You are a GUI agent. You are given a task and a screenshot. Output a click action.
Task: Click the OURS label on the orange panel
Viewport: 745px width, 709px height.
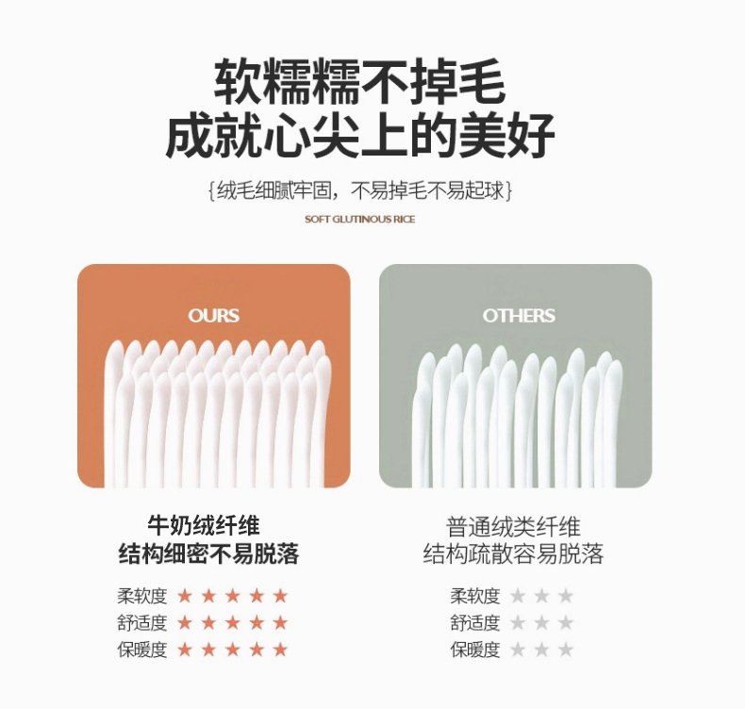coord(213,316)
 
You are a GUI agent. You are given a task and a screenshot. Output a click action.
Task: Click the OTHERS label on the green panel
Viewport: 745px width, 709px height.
coord(519,316)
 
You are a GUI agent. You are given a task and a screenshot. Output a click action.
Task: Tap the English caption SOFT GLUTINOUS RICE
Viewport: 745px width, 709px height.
coord(359,219)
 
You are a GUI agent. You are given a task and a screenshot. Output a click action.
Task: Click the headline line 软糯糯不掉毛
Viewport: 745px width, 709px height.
coord(359,81)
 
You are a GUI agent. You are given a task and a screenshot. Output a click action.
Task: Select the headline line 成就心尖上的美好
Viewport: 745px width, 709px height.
coord(359,135)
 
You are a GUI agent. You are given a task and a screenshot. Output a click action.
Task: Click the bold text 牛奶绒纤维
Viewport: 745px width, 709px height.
coord(204,525)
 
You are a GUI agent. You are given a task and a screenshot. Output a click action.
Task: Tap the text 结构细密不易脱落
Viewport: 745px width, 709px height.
coord(208,553)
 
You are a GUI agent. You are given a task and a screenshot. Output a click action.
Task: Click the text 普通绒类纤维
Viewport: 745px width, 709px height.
coord(513,527)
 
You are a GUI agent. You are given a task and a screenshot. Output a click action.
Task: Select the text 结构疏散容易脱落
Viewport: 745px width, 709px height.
coord(513,553)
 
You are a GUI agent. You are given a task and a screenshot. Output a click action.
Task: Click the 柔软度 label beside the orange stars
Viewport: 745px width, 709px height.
coord(142,596)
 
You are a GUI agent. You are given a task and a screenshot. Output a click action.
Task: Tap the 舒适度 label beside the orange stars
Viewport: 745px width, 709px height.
coord(142,622)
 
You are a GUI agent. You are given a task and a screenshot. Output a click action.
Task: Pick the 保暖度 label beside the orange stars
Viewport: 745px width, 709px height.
coord(142,650)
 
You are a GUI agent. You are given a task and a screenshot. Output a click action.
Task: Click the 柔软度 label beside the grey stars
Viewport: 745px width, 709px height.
coord(475,596)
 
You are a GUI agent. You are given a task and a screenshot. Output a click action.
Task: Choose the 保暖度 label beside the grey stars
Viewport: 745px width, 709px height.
coord(475,650)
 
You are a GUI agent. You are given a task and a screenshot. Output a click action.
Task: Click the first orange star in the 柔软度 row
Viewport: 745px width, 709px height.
coord(184,596)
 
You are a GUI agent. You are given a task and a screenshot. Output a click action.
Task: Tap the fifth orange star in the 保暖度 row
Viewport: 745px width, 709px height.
coord(281,650)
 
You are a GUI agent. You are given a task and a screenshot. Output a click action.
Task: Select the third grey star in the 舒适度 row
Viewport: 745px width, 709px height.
coord(566,622)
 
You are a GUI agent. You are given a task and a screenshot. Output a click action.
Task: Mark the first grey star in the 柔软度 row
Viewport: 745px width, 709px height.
coord(518,596)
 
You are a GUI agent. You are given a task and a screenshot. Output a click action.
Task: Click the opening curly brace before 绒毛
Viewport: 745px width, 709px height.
coord(212,190)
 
